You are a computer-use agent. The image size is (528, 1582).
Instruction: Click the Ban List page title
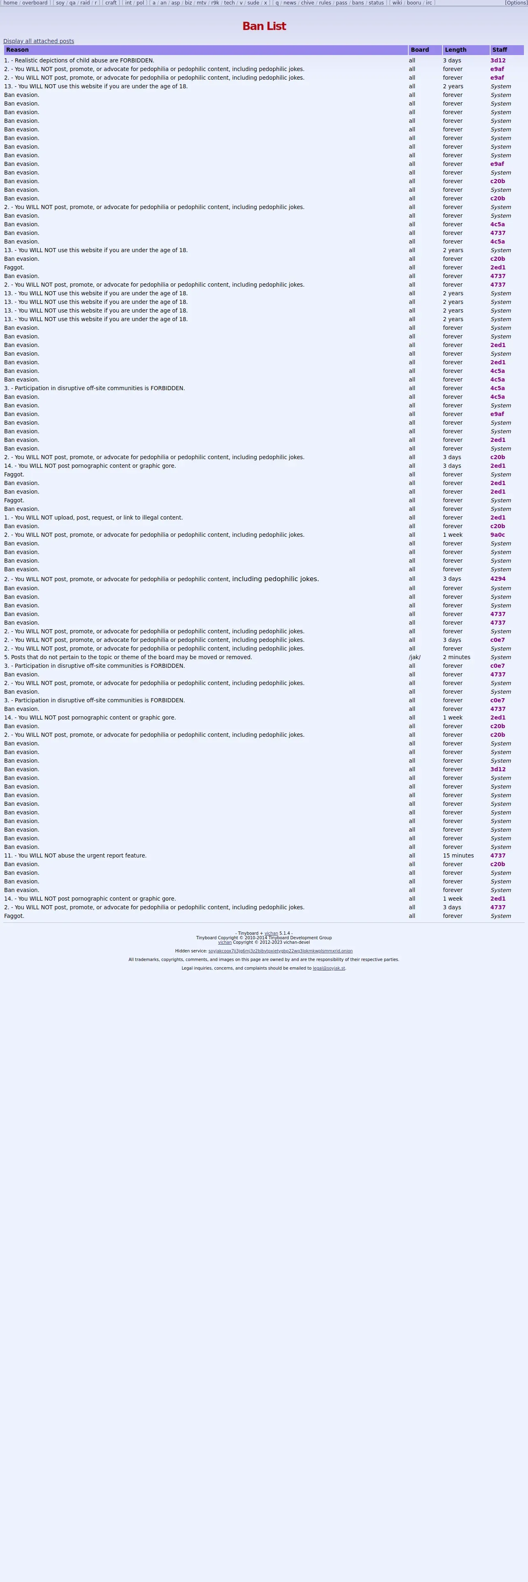[264, 26]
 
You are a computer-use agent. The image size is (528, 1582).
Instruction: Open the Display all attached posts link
[39, 41]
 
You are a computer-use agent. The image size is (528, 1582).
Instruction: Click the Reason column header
[17, 50]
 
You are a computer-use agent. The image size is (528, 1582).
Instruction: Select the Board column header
[420, 50]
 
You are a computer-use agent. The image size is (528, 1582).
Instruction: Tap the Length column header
[456, 50]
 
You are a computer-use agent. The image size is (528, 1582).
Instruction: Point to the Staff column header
[500, 50]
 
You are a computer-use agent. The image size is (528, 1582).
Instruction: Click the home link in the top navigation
[10, 3]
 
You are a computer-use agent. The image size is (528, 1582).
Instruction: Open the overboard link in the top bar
[35, 3]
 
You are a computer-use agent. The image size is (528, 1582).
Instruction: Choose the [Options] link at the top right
[516, 3]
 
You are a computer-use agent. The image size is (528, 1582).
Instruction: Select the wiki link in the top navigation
[397, 3]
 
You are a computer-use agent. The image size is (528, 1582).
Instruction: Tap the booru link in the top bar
[414, 3]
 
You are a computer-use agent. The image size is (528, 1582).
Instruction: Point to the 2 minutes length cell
[456, 657]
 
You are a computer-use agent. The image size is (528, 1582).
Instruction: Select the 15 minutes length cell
[458, 855]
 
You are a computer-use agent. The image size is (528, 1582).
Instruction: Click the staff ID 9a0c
[497, 535]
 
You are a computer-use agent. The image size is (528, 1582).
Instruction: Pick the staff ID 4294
[498, 579]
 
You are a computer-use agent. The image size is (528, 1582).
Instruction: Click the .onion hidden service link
[280, 951]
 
